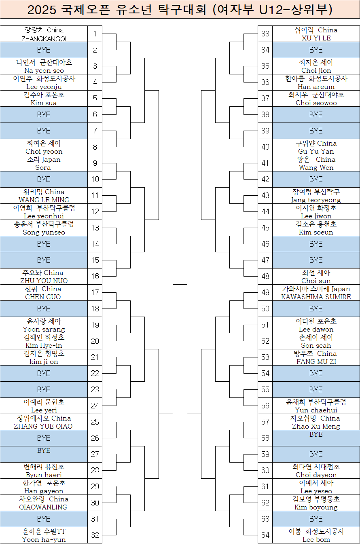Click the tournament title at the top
click(x=180, y=10)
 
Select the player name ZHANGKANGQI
click(x=44, y=38)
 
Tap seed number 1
click(x=95, y=34)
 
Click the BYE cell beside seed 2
click(x=44, y=50)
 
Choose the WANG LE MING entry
click(x=44, y=200)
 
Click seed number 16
click(x=95, y=277)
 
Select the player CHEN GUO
click(x=43, y=297)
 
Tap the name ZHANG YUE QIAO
click(x=43, y=426)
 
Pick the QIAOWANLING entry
click(x=43, y=507)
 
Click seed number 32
click(x=95, y=535)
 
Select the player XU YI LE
click(x=316, y=38)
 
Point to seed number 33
click(x=265, y=34)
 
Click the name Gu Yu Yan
click(x=316, y=151)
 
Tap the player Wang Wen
click(x=316, y=167)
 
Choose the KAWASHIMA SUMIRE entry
click(x=316, y=297)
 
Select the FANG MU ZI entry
click(x=316, y=361)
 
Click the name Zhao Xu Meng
click(x=316, y=426)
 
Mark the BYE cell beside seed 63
click(x=316, y=519)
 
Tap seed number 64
click(x=265, y=535)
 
